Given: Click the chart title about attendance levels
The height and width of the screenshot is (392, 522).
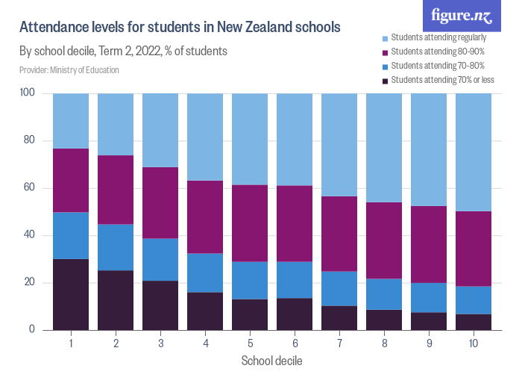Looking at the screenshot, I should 180,28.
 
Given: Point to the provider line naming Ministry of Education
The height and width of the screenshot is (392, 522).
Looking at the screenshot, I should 69,70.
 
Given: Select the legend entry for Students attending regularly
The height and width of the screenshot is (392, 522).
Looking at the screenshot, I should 438,37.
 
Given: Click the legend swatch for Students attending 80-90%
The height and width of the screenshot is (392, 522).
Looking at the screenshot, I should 385,52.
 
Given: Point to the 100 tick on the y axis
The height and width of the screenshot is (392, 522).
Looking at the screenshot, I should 29,93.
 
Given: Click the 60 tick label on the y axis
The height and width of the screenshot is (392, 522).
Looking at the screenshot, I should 31,188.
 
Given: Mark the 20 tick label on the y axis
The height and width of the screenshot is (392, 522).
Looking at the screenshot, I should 31,283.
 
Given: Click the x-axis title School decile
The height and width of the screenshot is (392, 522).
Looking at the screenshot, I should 271,361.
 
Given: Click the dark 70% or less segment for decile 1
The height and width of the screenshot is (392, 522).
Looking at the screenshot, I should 71,294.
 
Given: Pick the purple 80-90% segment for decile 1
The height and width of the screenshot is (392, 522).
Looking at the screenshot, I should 71,180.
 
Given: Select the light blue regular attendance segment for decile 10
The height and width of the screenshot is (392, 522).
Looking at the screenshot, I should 474,152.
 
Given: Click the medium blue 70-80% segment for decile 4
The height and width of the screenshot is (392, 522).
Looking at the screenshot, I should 205,273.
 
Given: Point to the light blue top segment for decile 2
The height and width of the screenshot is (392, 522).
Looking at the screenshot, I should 116,124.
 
